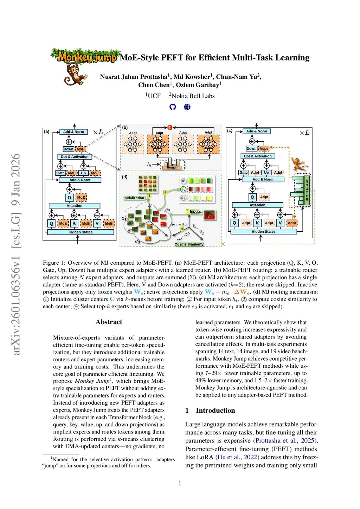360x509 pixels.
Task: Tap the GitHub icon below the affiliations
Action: tap(173, 107)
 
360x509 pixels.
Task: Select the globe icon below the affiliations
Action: tap(187, 107)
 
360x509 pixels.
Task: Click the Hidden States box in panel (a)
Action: tap(81, 232)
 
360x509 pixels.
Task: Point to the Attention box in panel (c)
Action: tap(257, 205)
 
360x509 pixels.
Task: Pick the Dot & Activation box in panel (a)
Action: tap(75, 157)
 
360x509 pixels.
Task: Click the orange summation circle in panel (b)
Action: tap(170, 127)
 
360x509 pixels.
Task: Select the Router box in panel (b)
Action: tap(172, 167)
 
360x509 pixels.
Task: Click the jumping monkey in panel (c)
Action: tap(299, 164)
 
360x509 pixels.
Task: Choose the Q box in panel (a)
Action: tap(51, 223)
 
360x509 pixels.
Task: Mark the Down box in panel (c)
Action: tap(251, 149)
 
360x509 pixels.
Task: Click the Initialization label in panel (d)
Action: tap(134, 198)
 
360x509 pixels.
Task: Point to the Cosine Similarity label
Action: tap(189, 244)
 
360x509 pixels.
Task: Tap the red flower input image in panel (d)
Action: tap(210, 215)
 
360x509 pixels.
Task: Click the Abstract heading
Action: tap(109, 322)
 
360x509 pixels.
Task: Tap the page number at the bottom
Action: tap(180, 483)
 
